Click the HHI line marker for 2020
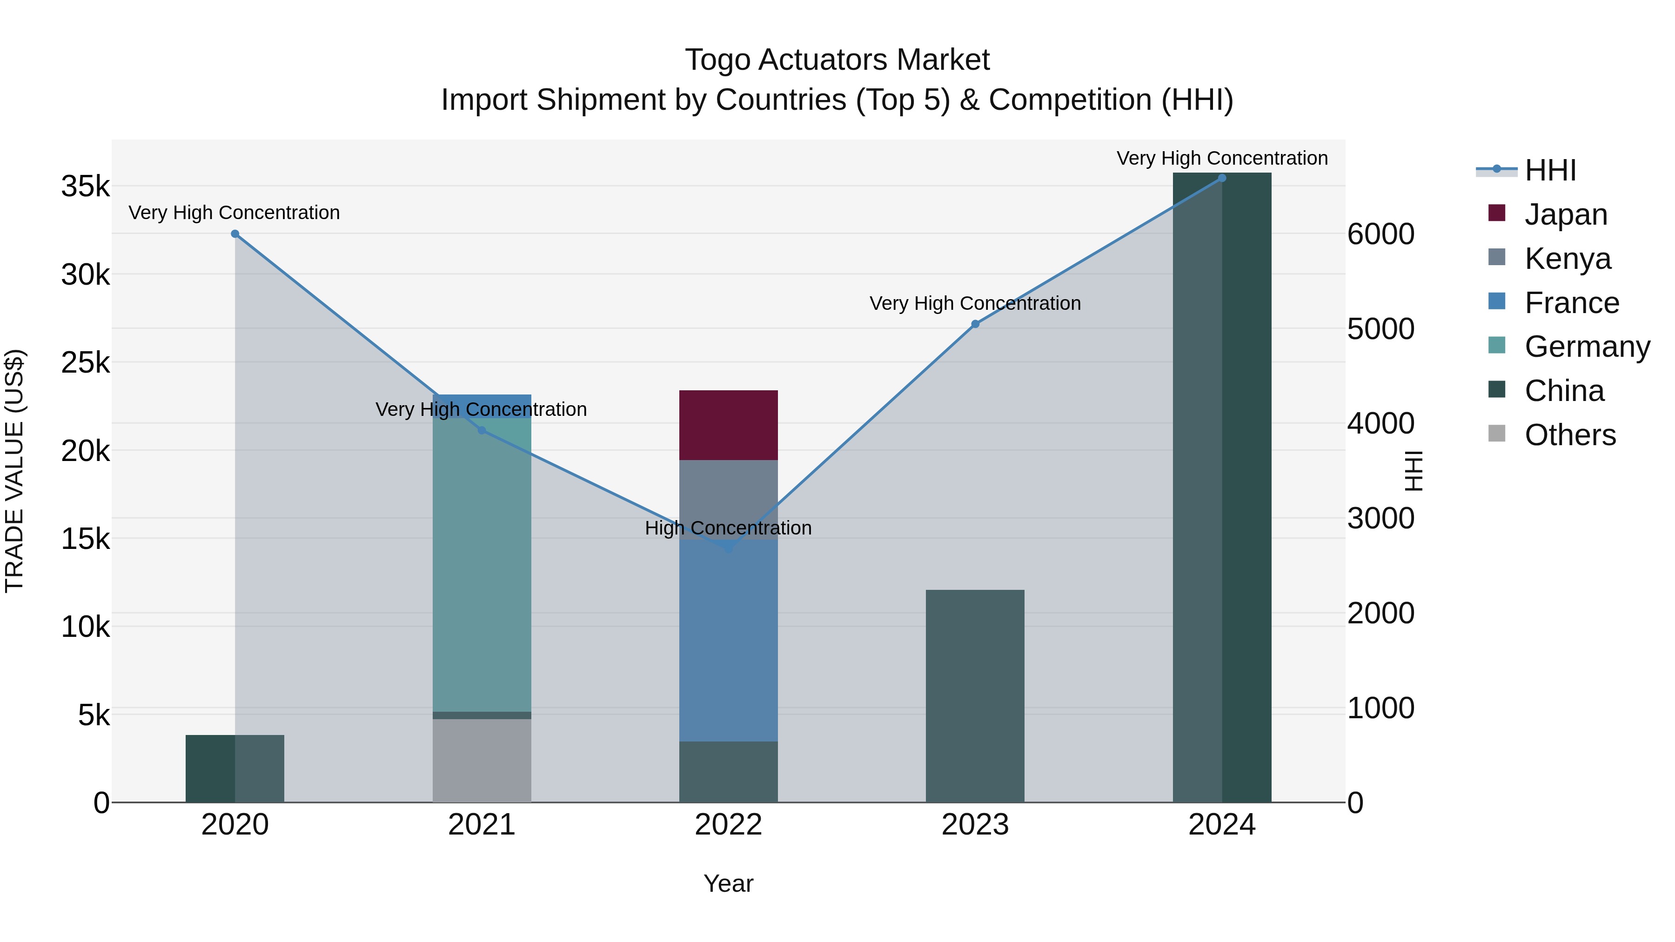tap(235, 234)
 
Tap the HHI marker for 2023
tap(975, 324)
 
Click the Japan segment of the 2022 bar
tap(728, 425)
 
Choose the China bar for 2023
tap(975, 695)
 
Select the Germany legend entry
tap(1587, 347)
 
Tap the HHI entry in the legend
tap(1550, 170)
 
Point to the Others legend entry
tap(1570, 435)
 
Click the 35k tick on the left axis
tap(86, 187)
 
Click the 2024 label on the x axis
tap(1221, 825)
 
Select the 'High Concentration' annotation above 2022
tap(728, 528)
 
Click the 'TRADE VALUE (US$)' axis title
tap(14, 471)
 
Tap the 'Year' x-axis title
tap(728, 883)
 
